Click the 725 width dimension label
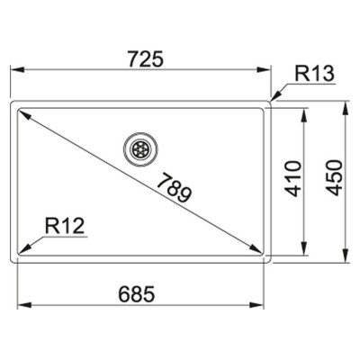click(x=146, y=58)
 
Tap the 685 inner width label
click(x=137, y=293)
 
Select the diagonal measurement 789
click(x=174, y=187)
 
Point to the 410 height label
click(x=292, y=179)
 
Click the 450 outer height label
click(x=334, y=178)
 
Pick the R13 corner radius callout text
click(x=314, y=74)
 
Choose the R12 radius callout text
click(x=65, y=226)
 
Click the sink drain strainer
click(x=140, y=148)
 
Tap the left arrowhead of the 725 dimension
click(x=17, y=70)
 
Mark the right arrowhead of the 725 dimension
click(x=265, y=70)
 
